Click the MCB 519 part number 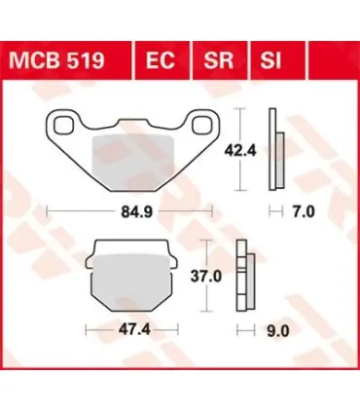(57, 60)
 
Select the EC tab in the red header (161, 60)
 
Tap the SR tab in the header (218, 60)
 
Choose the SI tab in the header (270, 60)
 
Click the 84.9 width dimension (136, 212)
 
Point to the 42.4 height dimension (240, 151)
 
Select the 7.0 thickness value (304, 212)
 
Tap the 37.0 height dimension (206, 277)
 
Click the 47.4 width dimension (134, 330)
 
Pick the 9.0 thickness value (278, 331)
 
